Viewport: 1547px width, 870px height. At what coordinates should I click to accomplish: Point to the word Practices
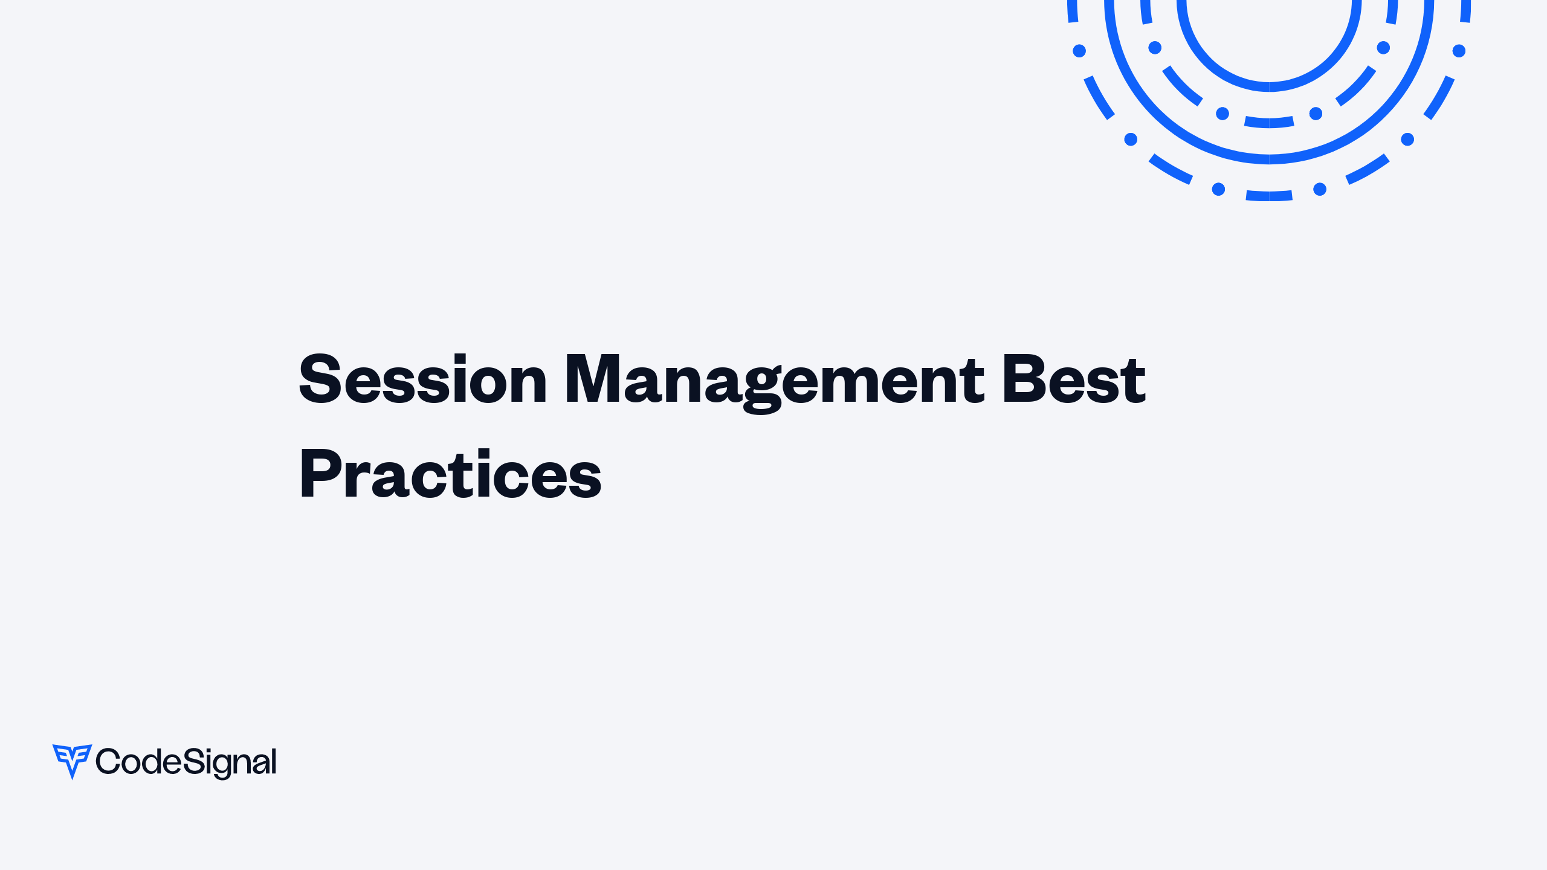click(450, 475)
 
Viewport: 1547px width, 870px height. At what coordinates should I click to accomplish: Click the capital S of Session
click(320, 379)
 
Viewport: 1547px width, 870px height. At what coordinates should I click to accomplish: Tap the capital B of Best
click(1022, 379)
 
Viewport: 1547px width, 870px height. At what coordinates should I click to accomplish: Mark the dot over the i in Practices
click(483, 453)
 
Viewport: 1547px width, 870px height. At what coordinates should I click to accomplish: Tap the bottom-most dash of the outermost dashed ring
click(1269, 196)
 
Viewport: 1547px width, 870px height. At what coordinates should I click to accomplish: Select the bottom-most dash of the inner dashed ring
click(1269, 123)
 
